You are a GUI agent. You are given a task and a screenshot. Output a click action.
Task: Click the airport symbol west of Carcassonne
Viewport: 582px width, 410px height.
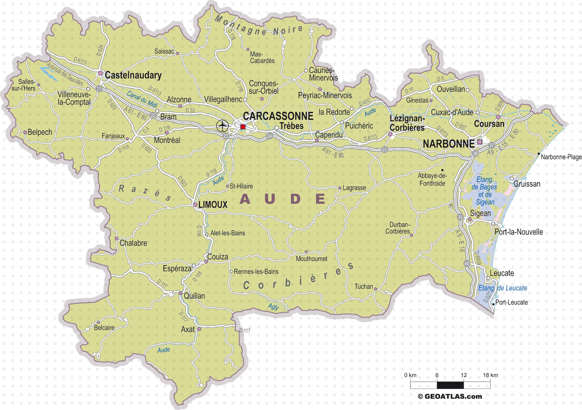(x=222, y=126)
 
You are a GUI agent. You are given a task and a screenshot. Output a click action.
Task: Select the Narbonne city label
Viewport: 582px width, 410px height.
(x=448, y=144)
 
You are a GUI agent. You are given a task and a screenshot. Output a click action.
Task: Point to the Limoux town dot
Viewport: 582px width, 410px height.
(x=195, y=205)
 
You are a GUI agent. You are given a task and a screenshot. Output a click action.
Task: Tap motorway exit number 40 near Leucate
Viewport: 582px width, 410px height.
(x=467, y=264)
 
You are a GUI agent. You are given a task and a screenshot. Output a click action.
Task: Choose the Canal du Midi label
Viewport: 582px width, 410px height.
(x=142, y=99)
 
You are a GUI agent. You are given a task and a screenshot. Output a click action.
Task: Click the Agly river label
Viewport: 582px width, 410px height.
(x=273, y=307)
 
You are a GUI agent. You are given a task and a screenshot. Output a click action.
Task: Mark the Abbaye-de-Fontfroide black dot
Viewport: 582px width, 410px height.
(x=442, y=170)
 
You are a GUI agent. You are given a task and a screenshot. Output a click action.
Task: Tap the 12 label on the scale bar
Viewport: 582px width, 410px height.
(x=464, y=375)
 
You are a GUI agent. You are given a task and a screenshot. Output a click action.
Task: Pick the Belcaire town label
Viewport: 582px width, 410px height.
(x=104, y=328)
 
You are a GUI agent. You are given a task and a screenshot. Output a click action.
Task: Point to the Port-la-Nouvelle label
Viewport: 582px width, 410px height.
(x=519, y=232)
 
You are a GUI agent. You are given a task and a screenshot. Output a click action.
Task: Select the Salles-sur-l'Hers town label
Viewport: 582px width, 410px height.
(x=23, y=85)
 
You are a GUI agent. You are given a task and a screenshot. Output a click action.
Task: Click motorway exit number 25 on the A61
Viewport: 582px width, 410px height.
(x=385, y=149)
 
